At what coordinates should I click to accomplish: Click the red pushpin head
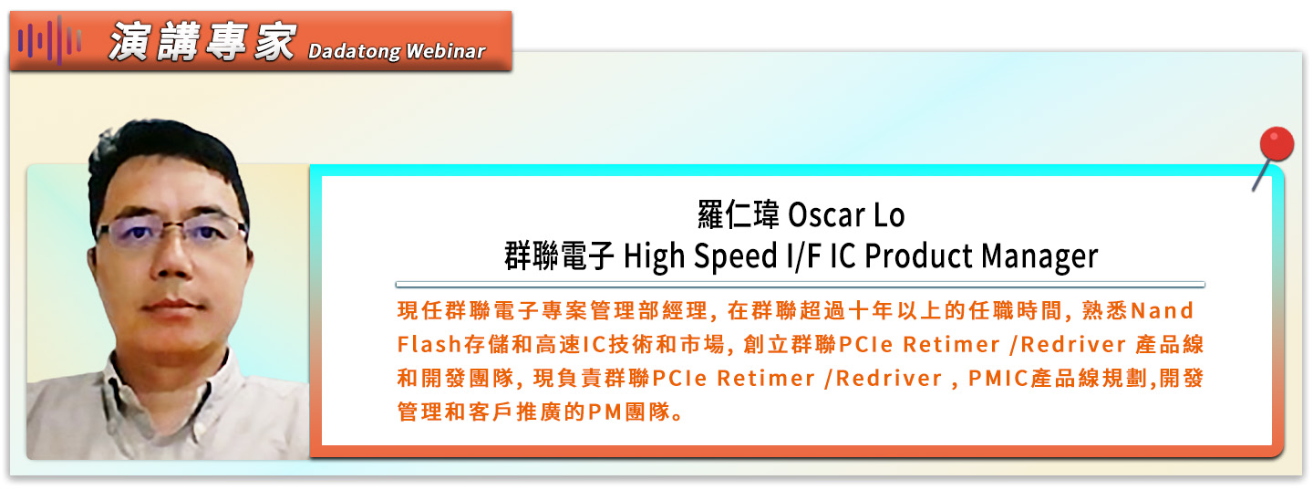[x=1277, y=143]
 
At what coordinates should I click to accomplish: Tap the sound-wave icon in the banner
[x=49, y=41]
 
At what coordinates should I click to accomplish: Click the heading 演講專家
[x=202, y=42]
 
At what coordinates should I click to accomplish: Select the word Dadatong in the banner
[x=354, y=51]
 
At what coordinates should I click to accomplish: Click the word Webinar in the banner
[x=446, y=51]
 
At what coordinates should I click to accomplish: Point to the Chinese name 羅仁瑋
[x=738, y=214]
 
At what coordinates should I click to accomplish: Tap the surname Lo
[x=890, y=214]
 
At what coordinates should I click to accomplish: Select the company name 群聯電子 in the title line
[x=559, y=255]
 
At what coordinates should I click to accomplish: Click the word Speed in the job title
[x=735, y=257]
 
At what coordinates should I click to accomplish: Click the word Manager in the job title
[x=1039, y=257]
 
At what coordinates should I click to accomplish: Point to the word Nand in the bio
[x=1162, y=310]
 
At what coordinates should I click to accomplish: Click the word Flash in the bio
[x=429, y=345]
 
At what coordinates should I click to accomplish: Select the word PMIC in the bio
[x=998, y=379]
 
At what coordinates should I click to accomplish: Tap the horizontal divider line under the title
[x=801, y=285]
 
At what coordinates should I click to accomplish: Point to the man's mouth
[x=173, y=307]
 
